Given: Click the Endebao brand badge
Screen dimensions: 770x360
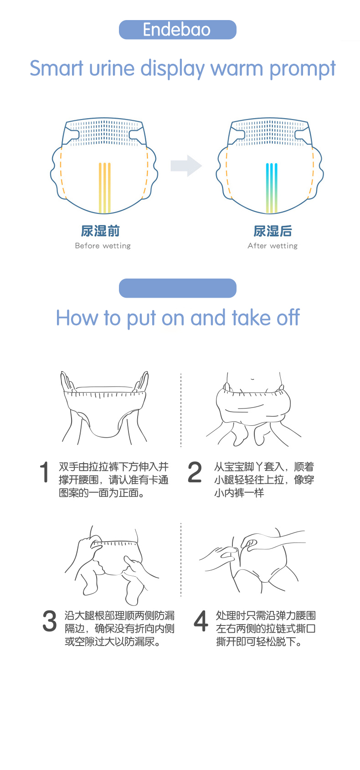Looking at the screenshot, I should coord(177,30).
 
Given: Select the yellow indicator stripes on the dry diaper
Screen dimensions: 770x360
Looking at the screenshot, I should coord(105,187).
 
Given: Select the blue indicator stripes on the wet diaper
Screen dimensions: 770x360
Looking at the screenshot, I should coord(272,187).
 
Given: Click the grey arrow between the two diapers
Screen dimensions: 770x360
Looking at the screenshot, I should coord(186,166).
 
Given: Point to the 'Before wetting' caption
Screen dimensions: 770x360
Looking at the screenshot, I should coord(103,246).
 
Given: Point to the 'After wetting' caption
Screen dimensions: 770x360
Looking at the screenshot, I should coord(273,246).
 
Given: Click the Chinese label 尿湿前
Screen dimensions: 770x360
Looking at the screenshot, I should coord(100,231).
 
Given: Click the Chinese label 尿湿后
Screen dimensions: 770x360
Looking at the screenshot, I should coord(273,231).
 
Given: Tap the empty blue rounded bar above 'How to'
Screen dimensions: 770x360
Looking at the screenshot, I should coord(177,288).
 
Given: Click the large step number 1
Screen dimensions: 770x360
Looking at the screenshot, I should coord(44,472).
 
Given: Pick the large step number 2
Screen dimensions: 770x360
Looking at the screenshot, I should coord(195,472).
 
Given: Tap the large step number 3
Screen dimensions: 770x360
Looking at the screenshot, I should coord(49,621).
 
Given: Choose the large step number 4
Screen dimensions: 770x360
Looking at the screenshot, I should coord(201,621).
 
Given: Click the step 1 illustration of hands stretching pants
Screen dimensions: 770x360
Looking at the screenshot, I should coord(105,408).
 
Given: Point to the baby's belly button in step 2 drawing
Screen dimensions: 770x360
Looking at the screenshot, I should coord(253,378).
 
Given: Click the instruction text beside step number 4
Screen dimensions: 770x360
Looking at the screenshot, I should coord(266,629).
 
